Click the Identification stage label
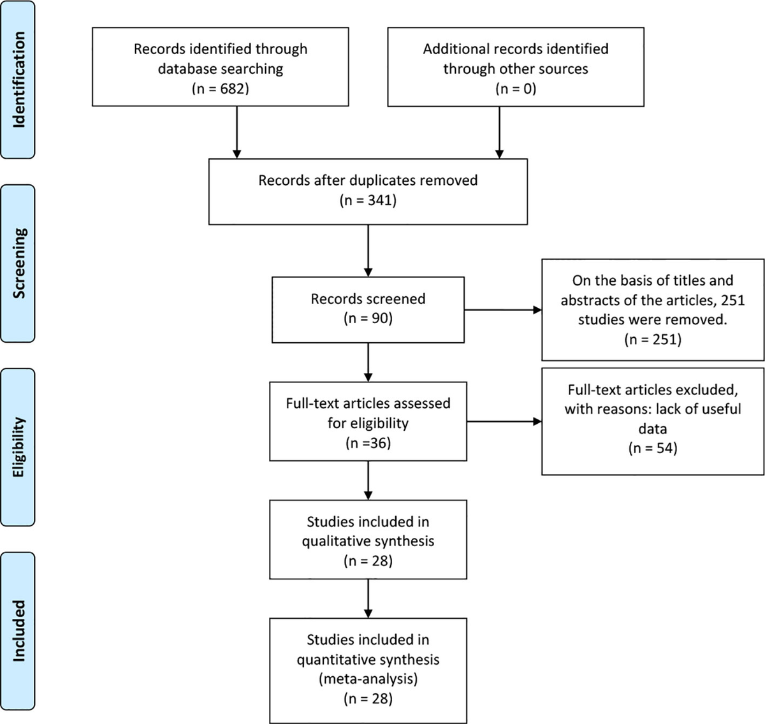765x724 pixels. click(x=18, y=80)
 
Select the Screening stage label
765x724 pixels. click(x=18, y=263)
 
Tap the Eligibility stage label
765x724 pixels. click(x=18, y=447)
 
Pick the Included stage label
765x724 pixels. click(x=18, y=630)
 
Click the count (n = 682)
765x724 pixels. click(x=220, y=89)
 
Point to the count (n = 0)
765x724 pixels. click(x=516, y=89)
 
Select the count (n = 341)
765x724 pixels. click(x=368, y=200)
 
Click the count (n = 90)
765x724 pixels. click(x=368, y=318)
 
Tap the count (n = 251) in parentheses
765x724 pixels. click(x=653, y=339)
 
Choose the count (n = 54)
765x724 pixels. click(x=653, y=448)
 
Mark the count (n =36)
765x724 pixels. click(x=368, y=443)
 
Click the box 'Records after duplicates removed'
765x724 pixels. click(x=368, y=191)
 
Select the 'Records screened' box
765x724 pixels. click(x=368, y=310)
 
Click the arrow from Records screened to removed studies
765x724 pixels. click(x=503, y=310)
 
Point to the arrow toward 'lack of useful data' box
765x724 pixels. click(x=504, y=421)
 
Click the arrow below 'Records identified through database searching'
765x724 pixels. click(x=237, y=133)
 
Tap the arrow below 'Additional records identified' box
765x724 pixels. click(x=499, y=133)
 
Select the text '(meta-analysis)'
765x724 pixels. click(x=368, y=679)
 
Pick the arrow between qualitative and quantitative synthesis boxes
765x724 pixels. click(x=368, y=598)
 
